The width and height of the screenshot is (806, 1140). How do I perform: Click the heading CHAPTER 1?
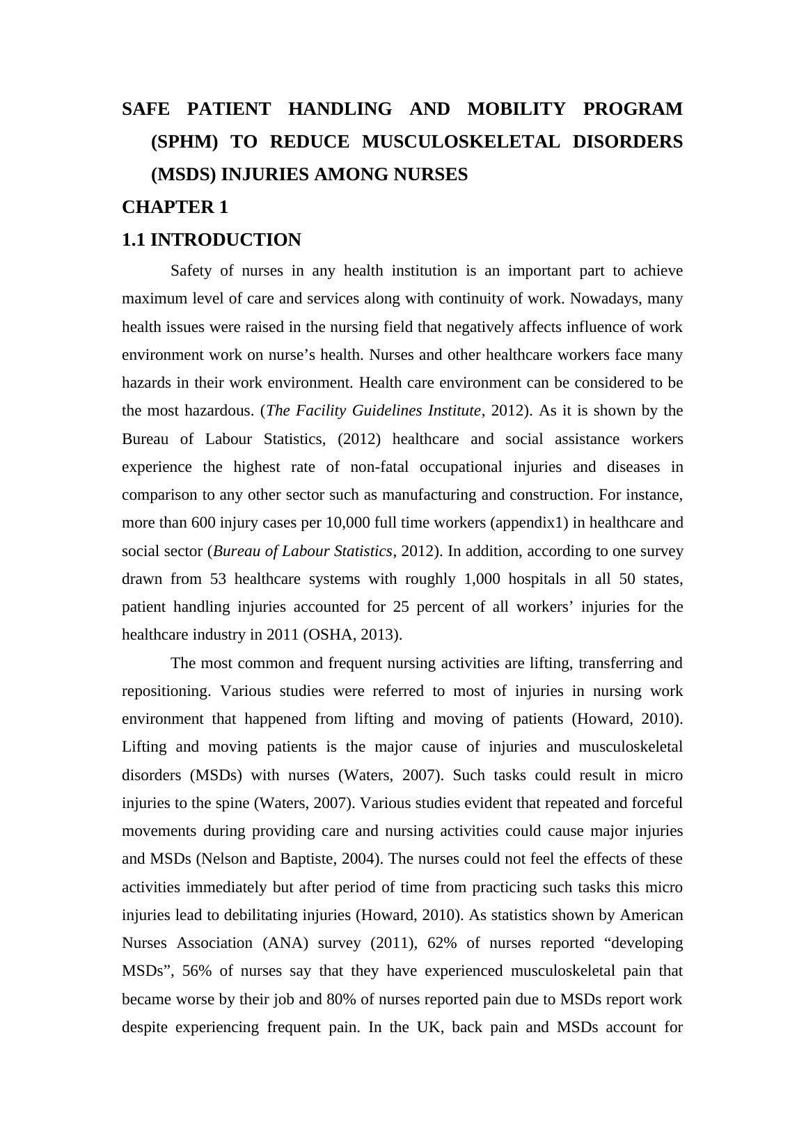tap(175, 207)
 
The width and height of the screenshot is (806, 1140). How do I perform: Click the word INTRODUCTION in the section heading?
tap(226, 240)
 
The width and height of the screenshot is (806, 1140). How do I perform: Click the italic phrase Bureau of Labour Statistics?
tap(302, 551)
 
